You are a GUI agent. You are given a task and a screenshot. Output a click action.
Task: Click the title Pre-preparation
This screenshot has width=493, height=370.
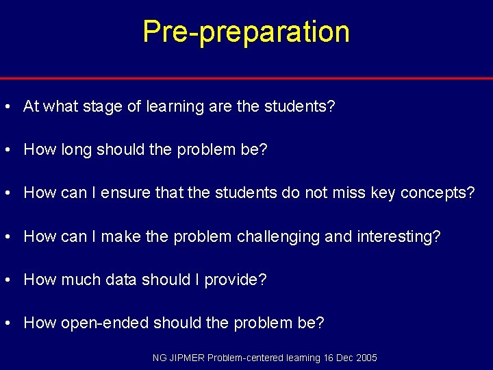click(246, 32)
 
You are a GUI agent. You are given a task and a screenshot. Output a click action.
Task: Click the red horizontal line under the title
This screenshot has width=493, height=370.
click(246, 78)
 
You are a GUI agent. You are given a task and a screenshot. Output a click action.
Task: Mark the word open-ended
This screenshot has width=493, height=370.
click(105, 323)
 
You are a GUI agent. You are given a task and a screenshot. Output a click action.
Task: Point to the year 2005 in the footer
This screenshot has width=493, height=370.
click(366, 358)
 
